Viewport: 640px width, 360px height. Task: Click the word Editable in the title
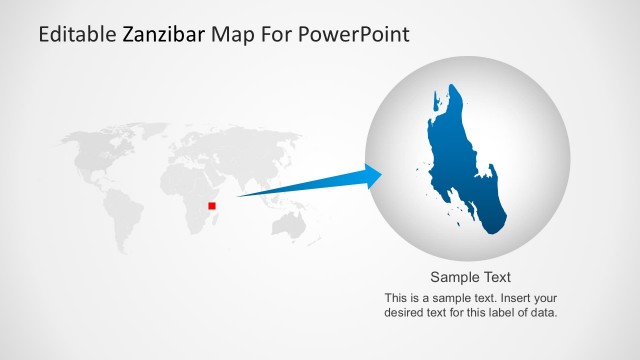[77, 35]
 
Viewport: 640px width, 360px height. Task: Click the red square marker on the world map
[212, 206]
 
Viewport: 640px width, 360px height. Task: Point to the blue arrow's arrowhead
[372, 177]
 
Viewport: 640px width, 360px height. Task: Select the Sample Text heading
[471, 277]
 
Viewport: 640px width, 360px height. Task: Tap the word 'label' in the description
[491, 312]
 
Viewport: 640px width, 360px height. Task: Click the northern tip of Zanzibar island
[455, 88]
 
